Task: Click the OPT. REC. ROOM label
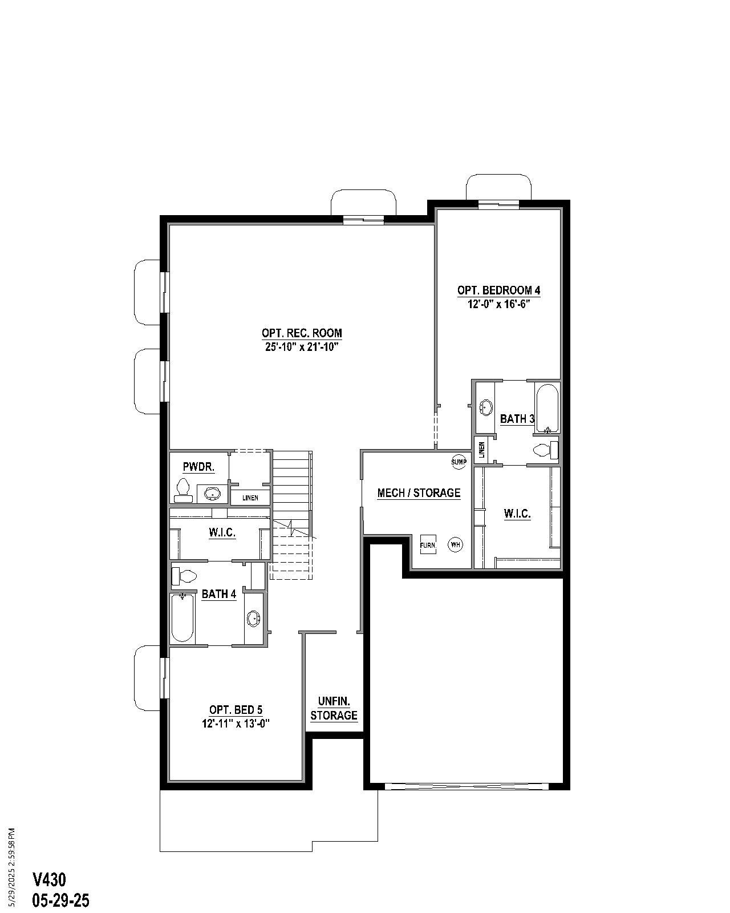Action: [302, 333]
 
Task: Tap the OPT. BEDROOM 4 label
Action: [498, 290]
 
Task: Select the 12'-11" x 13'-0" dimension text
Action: [236, 724]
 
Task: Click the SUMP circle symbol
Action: [459, 462]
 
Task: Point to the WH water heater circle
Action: [455, 544]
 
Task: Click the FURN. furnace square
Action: [428, 545]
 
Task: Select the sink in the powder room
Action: [212, 493]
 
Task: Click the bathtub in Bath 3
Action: [547, 409]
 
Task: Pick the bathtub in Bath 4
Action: [182, 618]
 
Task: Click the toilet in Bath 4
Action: [184, 576]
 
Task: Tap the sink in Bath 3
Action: [486, 407]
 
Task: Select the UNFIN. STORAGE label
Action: [334, 708]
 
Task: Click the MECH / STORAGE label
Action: [419, 493]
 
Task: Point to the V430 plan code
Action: [49, 879]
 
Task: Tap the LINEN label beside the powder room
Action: [250, 498]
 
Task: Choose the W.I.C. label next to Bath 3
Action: [517, 514]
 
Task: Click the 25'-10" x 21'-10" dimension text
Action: [302, 347]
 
